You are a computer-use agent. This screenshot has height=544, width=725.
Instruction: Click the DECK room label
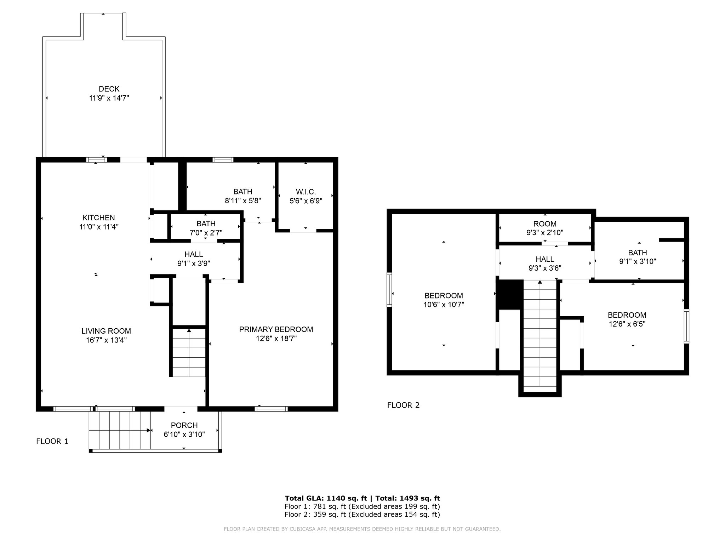pyautogui.click(x=109, y=89)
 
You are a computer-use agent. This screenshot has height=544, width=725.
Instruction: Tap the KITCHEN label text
pyautogui.click(x=99, y=217)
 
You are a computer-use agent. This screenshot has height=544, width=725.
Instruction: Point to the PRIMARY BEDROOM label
pyautogui.click(x=276, y=329)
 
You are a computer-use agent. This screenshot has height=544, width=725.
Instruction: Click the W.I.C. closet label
pyautogui.click(x=306, y=192)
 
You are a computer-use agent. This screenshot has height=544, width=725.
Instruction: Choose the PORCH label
pyautogui.click(x=184, y=425)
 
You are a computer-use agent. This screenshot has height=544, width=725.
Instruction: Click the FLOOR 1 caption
pyautogui.click(x=52, y=441)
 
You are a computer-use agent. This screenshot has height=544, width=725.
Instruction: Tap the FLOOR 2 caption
pyautogui.click(x=403, y=405)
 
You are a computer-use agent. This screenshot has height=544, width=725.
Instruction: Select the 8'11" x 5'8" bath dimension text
pyautogui.click(x=243, y=200)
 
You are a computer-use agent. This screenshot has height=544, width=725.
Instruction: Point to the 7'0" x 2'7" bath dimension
pyautogui.click(x=206, y=232)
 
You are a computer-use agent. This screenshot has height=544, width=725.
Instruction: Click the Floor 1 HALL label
pyautogui.click(x=194, y=254)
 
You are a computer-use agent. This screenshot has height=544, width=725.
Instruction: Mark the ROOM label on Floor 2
pyautogui.click(x=545, y=224)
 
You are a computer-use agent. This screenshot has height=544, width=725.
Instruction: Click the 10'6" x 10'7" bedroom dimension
pyautogui.click(x=444, y=304)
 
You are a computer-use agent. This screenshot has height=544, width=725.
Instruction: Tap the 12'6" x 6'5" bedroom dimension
pyautogui.click(x=627, y=324)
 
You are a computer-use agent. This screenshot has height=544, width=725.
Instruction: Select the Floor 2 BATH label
pyautogui.click(x=638, y=253)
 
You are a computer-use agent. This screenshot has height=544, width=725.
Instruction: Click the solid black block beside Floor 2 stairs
pyautogui.click(x=509, y=294)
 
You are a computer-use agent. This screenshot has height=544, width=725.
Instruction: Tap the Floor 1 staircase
pyautogui.click(x=189, y=352)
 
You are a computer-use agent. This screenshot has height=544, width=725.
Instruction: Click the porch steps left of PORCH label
pyautogui.click(x=120, y=431)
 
